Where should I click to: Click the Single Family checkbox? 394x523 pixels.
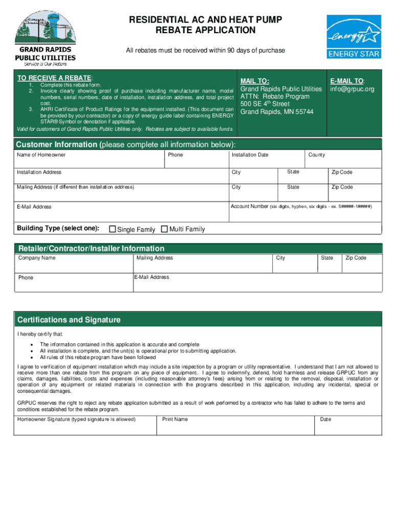tap(113, 229)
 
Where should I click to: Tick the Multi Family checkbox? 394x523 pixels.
tap(164, 229)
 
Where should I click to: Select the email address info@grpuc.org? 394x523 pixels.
tap(352, 89)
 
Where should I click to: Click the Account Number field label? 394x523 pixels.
tap(301, 206)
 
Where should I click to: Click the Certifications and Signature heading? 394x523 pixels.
tap(69, 320)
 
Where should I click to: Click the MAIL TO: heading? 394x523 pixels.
tap(255, 81)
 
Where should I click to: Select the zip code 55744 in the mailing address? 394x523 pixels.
tap(304, 112)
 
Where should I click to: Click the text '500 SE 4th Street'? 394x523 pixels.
tap(265, 104)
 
